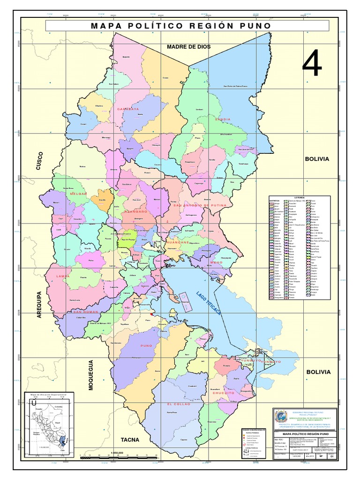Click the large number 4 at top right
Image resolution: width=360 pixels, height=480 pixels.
click(x=312, y=64)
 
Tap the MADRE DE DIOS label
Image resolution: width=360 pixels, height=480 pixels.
click(x=189, y=47)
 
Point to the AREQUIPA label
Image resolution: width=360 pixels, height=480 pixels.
click(x=40, y=305)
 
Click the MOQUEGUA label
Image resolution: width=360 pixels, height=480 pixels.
click(x=91, y=375)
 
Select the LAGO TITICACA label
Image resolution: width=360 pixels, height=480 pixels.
click(x=209, y=302)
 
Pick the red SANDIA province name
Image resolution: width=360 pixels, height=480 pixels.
click(x=222, y=120)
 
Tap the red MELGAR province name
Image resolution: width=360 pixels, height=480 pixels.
click(x=78, y=194)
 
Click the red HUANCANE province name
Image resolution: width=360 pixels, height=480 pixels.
click(x=177, y=242)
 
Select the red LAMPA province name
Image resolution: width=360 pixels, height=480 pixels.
click(x=62, y=277)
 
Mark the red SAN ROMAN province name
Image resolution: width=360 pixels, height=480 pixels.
click(x=84, y=312)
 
